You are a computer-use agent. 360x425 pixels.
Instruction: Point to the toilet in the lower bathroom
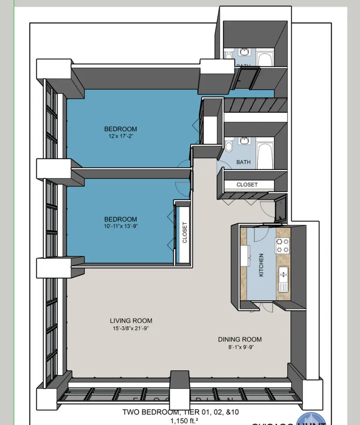tap(229, 146)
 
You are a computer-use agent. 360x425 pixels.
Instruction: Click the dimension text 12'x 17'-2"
tap(120, 136)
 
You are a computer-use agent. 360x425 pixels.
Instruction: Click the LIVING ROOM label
tap(131, 321)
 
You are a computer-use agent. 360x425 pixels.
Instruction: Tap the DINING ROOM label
tap(240, 339)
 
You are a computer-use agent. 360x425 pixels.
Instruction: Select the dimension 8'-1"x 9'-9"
tap(240, 347)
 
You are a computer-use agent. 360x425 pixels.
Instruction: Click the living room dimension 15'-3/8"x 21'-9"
tap(131, 328)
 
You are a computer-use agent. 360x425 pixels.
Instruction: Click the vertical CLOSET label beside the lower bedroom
tap(184, 233)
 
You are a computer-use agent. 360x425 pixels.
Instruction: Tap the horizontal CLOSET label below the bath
tap(247, 185)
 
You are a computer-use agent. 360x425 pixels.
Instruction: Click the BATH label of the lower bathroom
tap(244, 162)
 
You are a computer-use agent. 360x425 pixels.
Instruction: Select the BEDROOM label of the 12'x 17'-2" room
tap(120, 129)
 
